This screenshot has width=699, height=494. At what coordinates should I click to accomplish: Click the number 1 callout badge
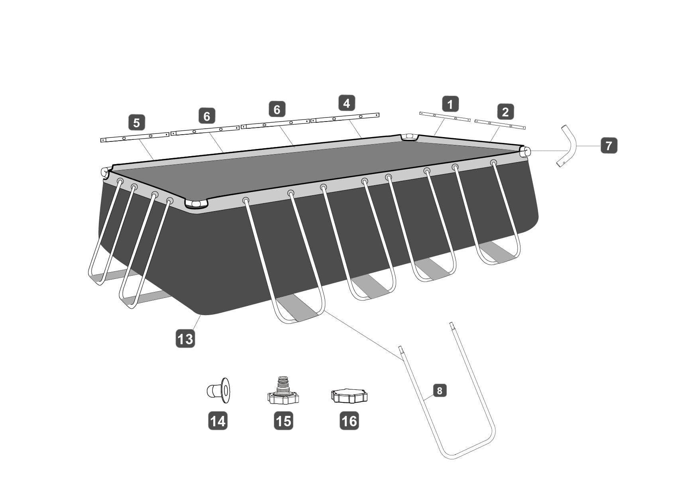(x=450, y=104)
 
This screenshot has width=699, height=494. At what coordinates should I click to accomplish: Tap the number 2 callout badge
(x=505, y=112)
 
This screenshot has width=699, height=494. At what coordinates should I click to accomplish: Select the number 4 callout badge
(x=347, y=103)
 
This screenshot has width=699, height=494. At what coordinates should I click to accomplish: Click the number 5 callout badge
(x=137, y=122)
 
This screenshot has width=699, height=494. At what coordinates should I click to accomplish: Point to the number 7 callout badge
(x=609, y=145)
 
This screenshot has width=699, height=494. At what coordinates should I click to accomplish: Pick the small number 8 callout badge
(x=440, y=390)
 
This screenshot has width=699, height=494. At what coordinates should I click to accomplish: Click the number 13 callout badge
(x=185, y=339)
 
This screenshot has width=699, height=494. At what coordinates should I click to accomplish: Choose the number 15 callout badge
(x=283, y=420)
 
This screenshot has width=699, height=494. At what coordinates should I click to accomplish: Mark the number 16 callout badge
(x=349, y=420)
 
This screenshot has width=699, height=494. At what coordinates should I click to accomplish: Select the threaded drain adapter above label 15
(x=283, y=390)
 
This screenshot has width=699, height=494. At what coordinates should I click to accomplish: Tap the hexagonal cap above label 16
(x=349, y=396)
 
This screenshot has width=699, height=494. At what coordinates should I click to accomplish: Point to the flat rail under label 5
(x=135, y=137)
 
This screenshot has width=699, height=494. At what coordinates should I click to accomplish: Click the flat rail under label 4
(x=345, y=118)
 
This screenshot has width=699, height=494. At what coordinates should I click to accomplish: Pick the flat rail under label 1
(x=445, y=117)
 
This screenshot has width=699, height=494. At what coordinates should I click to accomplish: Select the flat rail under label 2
(x=500, y=124)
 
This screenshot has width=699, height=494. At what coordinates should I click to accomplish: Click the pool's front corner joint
(x=196, y=204)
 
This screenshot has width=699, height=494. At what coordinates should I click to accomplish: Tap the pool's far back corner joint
(x=409, y=137)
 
